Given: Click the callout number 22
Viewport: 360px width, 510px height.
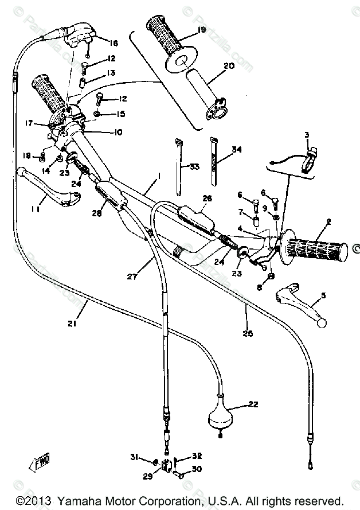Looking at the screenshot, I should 253,404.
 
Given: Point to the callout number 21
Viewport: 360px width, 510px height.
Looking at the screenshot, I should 72,324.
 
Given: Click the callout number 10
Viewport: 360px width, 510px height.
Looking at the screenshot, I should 118,133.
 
